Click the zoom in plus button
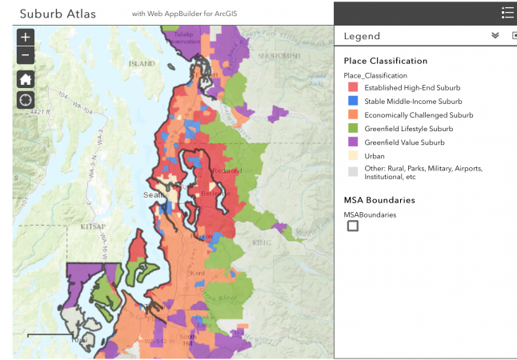pos(26,38)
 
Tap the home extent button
pos(26,78)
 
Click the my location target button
pos(26,100)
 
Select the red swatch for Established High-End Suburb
pos(352,87)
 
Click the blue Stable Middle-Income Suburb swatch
pos(352,102)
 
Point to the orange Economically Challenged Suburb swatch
pos(352,115)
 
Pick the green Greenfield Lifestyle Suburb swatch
pos(352,129)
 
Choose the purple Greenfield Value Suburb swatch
pos(352,142)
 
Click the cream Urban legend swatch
pos(352,156)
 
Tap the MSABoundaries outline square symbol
pos(353,226)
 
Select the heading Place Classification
pos(386,61)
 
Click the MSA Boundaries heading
pos(380,200)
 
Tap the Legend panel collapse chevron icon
pos(495,36)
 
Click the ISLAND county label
pos(142,63)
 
